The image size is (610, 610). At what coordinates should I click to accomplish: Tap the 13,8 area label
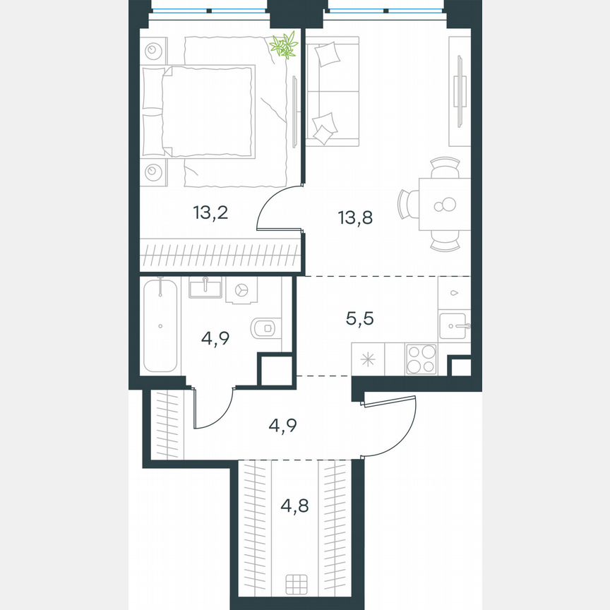355,217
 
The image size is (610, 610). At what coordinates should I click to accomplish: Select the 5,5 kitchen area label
378,318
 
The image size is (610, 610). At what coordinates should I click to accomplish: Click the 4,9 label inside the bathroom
217,337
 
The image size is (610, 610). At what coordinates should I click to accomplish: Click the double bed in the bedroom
205,112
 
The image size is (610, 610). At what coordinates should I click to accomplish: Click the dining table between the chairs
443,205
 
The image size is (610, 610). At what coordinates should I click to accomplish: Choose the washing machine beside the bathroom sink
241,290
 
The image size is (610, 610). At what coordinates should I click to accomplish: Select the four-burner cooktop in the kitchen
421,358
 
